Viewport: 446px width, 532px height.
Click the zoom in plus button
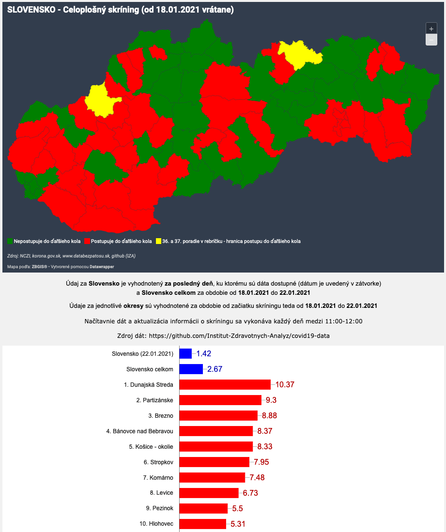point(431,29)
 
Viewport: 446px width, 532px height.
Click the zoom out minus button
point(431,40)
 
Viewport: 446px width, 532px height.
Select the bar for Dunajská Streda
point(225,384)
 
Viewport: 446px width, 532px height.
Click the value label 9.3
point(271,400)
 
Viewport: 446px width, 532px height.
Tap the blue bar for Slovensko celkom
point(191,369)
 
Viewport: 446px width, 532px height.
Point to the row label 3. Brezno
point(161,415)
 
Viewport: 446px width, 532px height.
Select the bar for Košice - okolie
point(216,446)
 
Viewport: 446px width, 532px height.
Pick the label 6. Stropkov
point(158,462)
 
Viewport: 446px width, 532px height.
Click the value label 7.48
point(258,477)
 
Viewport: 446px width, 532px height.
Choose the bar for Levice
point(209,493)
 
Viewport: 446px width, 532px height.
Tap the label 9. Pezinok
point(159,508)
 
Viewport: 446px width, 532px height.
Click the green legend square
point(10,241)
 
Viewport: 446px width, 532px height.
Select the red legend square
point(87,241)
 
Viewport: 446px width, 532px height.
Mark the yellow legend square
point(158,241)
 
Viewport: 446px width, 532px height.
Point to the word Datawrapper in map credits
point(111,267)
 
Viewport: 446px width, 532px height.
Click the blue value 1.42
point(203,353)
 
